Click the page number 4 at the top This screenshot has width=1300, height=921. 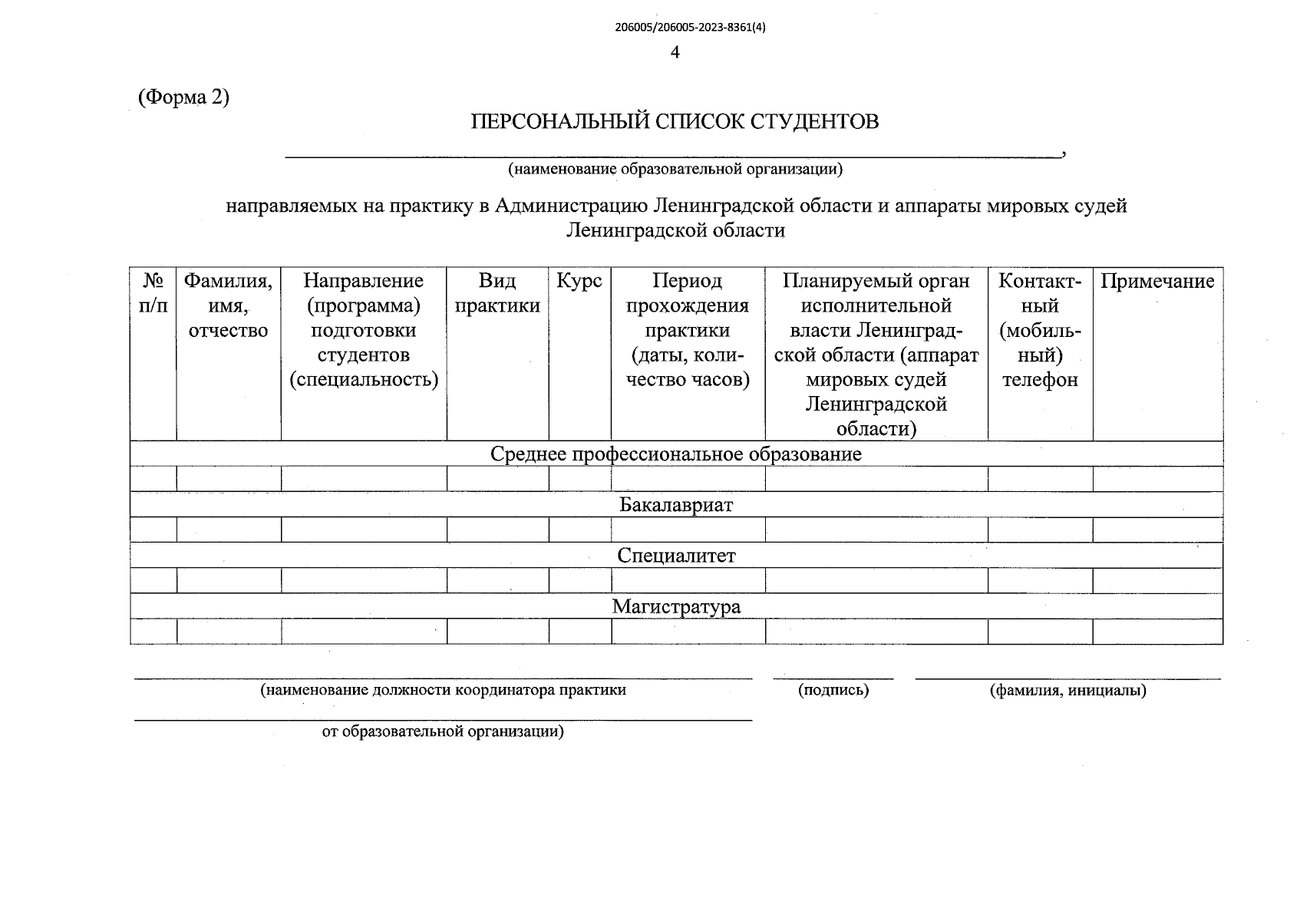coord(675,52)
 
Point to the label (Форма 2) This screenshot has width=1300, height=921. coord(183,97)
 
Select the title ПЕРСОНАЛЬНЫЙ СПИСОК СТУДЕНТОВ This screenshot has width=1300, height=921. coord(675,121)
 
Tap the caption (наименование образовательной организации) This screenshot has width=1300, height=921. coord(675,169)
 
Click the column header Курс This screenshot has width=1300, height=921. coord(579,281)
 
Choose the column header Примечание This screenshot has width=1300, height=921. coord(1157,281)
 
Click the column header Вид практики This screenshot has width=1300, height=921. coord(497,293)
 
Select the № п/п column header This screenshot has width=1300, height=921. coord(153,293)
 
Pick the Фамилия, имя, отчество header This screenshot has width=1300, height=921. coord(228,305)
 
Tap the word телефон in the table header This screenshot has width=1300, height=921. coord(1040,379)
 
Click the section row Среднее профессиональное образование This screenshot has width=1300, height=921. coord(675,454)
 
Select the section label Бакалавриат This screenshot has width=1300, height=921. coord(675,504)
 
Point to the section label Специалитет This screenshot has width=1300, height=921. coord(675,555)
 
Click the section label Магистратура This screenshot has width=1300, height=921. coord(675,606)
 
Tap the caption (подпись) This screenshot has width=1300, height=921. coord(833,690)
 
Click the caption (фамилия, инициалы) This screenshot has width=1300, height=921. coord(1068,690)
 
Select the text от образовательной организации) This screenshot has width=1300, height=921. coord(443,731)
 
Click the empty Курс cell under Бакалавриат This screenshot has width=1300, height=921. coord(579,530)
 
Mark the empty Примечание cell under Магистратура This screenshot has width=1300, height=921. coord(1157,632)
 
